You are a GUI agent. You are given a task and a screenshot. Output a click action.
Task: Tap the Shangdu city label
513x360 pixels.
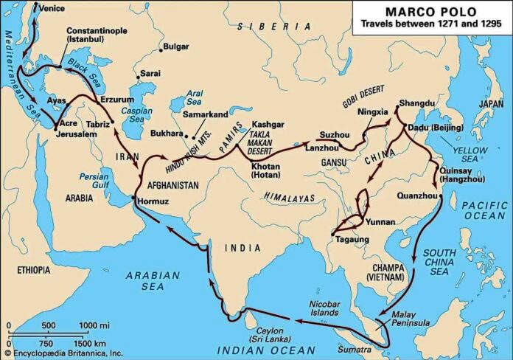pos(415,101)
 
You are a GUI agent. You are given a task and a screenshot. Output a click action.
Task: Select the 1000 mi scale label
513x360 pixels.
pos(95,325)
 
